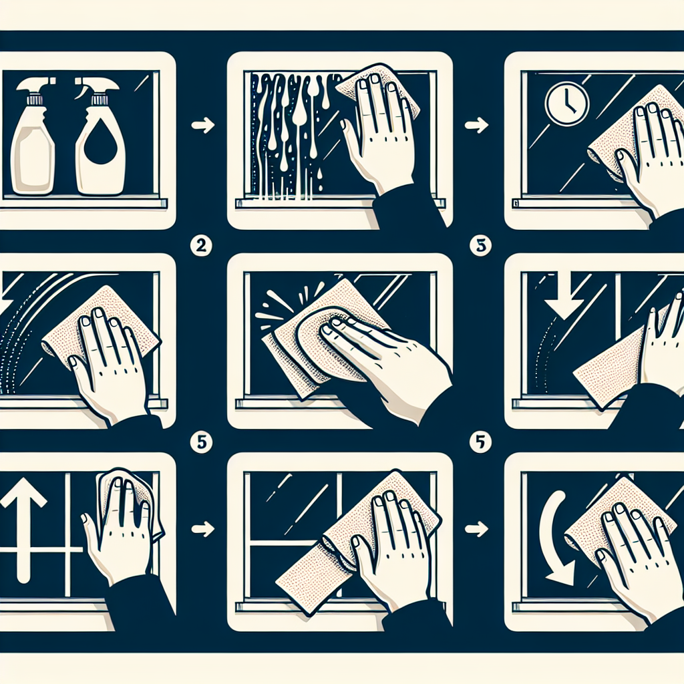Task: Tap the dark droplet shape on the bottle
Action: pyautogui.click(x=100, y=146)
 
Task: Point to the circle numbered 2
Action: pyautogui.click(x=201, y=246)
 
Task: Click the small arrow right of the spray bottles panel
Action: pyautogui.click(x=203, y=126)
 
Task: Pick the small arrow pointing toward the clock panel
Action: pyautogui.click(x=477, y=125)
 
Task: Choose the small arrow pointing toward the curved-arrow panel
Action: pyautogui.click(x=477, y=529)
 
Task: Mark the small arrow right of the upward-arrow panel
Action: pyautogui.click(x=203, y=529)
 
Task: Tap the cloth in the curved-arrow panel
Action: pyautogui.click(x=611, y=519)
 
